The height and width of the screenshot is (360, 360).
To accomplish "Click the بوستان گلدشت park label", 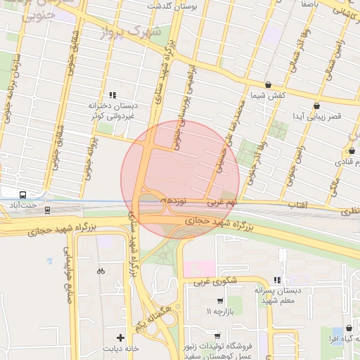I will [x=172, y=6].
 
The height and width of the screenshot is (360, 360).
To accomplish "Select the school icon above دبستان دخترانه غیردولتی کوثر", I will [x=112, y=95].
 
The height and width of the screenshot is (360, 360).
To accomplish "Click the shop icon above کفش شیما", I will [x=267, y=84].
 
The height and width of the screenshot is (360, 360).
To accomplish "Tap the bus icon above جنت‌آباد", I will [x=23, y=195].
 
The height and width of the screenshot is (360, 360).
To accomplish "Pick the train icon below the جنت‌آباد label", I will [x=47, y=210].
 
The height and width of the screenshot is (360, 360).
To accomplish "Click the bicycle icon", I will [x=101, y=271].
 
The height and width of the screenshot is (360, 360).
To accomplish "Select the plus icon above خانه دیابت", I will [x=121, y=338].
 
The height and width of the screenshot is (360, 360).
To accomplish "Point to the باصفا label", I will [x=313, y=4].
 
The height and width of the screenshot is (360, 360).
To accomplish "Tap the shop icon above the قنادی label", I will [x=352, y=150].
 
